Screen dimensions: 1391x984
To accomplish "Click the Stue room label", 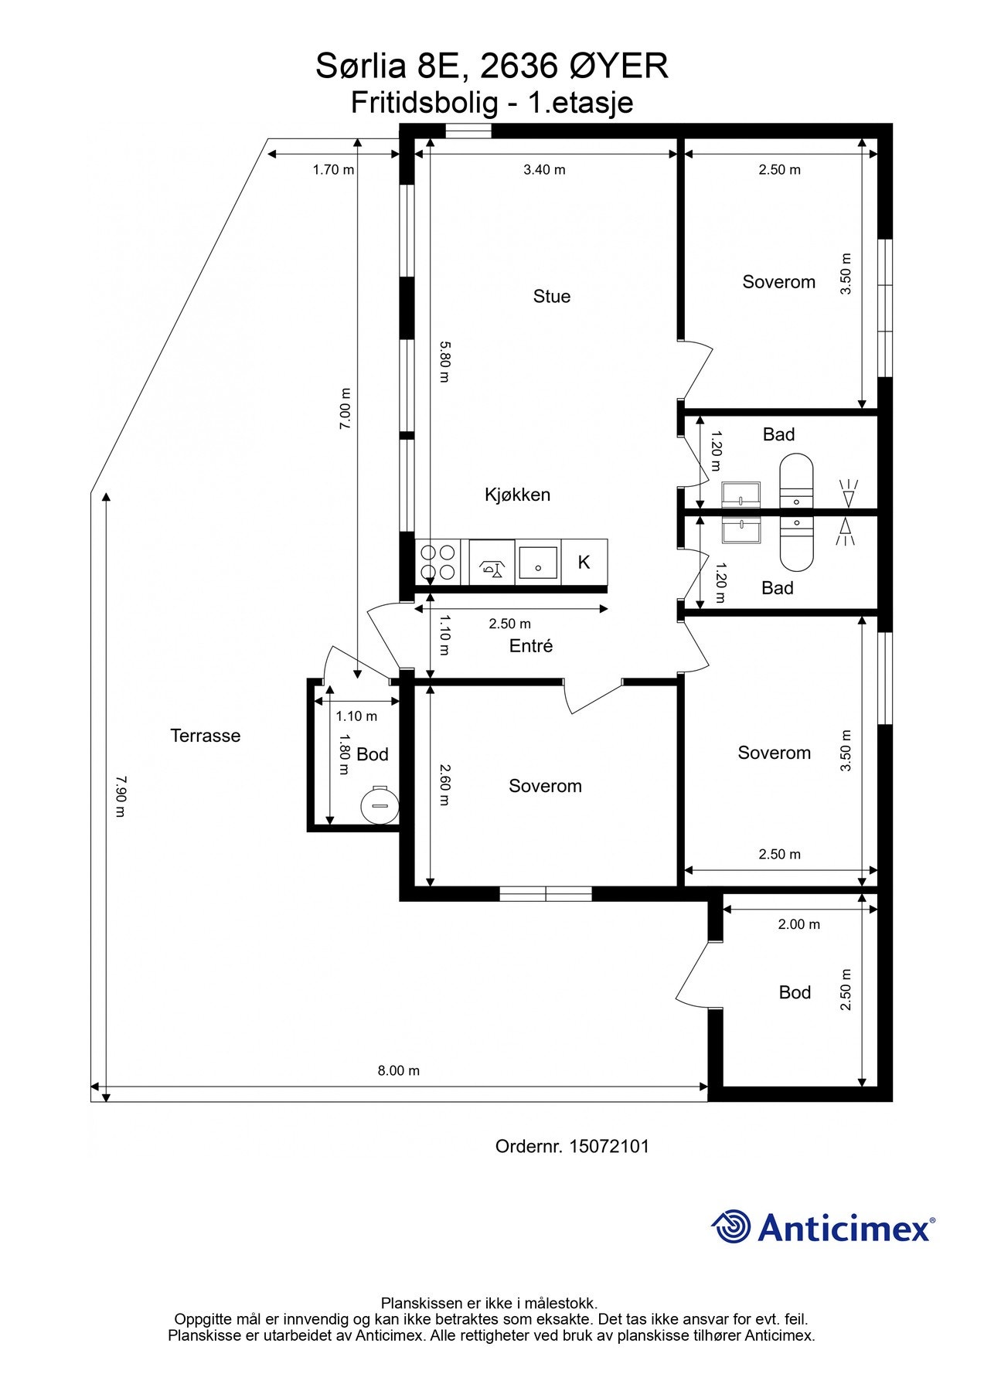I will click(x=551, y=296).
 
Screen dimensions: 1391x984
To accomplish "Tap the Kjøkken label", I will click(x=517, y=495).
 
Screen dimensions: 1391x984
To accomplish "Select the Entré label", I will click(x=530, y=646).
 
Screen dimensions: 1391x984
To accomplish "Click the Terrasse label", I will click(x=205, y=736).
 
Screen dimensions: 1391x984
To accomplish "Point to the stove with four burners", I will click(x=437, y=563).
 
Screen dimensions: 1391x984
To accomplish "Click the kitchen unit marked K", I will click(x=584, y=563).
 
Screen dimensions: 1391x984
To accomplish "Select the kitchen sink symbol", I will click(x=537, y=563).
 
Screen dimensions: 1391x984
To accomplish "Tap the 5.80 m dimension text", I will click(x=444, y=362).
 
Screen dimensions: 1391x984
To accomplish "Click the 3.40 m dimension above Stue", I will click(x=544, y=170).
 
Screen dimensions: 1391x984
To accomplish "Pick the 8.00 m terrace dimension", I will click(x=398, y=1070).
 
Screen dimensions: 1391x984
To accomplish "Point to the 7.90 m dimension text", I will click(x=119, y=796).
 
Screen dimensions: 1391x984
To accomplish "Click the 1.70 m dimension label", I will click(x=333, y=170).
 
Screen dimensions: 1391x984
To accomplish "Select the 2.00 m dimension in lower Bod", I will click(x=799, y=923).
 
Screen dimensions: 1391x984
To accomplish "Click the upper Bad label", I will click(x=778, y=434).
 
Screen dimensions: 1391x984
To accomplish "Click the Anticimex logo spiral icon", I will click(x=730, y=1226).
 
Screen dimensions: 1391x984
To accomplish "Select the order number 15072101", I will click(x=608, y=1146).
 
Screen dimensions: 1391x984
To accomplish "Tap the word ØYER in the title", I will click(x=618, y=66).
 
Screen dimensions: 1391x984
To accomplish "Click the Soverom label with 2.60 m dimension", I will click(x=545, y=786).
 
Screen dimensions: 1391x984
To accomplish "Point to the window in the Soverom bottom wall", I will click(x=545, y=893).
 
